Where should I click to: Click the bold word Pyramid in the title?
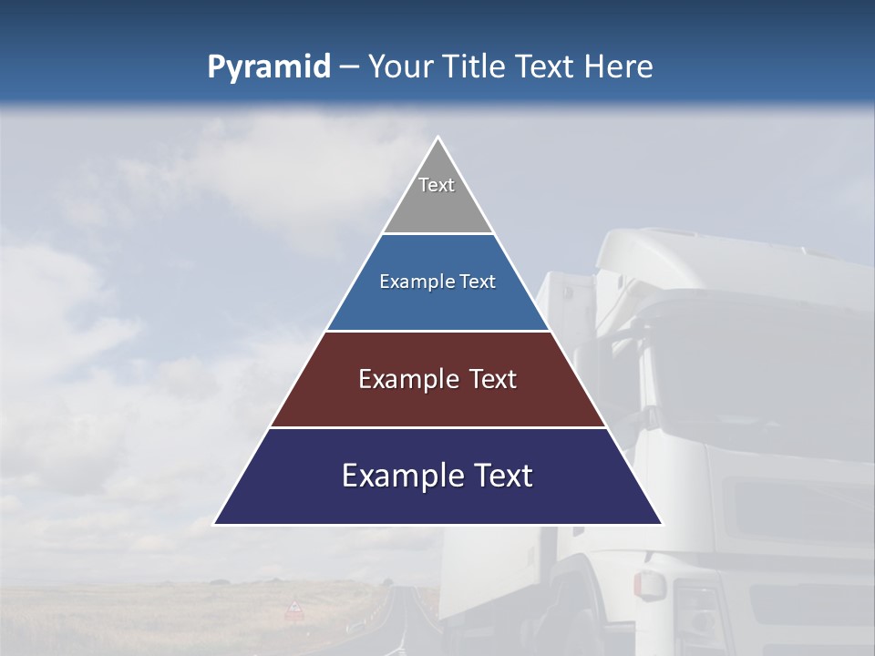pyautogui.click(x=269, y=67)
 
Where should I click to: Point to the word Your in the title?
pyautogui.click(x=400, y=67)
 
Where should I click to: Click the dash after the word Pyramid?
pyautogui.click(x=349, y=67)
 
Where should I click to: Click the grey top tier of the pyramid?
pyautogui.click(x=437, y=205)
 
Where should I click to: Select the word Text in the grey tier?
pyautogui.click(x=437, y=185)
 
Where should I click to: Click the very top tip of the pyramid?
pyautogui.click(x=437, y=138)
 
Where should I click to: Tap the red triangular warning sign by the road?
pyautogui.click(x=293, y=609)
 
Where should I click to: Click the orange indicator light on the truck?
pyautogui.click(x=648, y=585)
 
